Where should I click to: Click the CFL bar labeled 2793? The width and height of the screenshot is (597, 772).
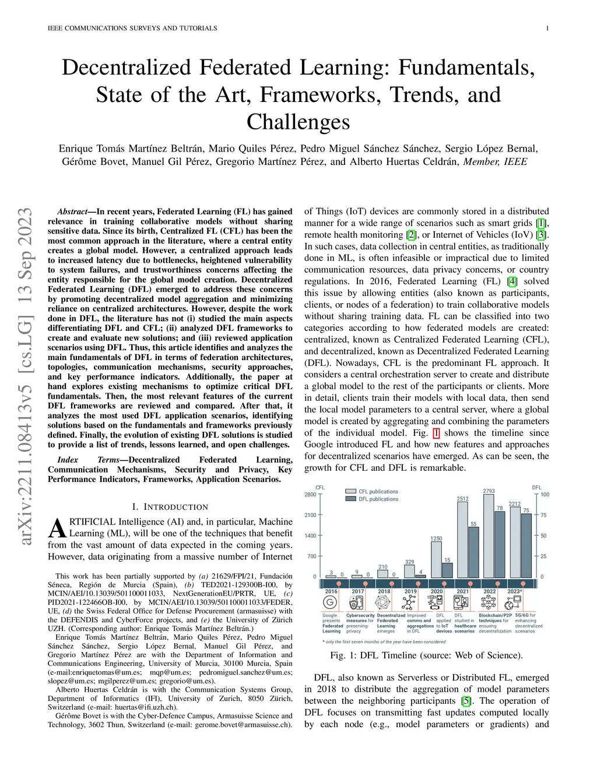pyautogui.click(x=489, y=536)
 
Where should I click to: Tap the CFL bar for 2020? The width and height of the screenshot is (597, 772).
pyautogui.click(x=436, y=560)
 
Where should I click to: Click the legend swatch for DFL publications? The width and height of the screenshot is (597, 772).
pyautogui.click(x=351, y=499)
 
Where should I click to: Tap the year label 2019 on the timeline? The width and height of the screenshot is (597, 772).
pyautogui.click(x=410, y=591)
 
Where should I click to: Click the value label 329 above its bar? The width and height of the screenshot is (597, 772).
pyautogui.click(x=410, y=562)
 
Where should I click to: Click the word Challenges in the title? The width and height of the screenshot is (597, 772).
pyautogui.click(x=298, y=122)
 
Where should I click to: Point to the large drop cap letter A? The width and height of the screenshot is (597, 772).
pyautogui.click(x=57, y=528)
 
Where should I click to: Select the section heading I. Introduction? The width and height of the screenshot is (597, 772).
pyautogui.click(x=170, y=507)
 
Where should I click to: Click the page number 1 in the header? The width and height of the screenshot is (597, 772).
pyautogui.click(x=547, y=28)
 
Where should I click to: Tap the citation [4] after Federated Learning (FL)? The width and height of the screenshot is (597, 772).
pyautogui.click(x=512, y=281)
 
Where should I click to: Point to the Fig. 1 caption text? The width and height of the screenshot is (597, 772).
pyautogui.click(x=426, y=655)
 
